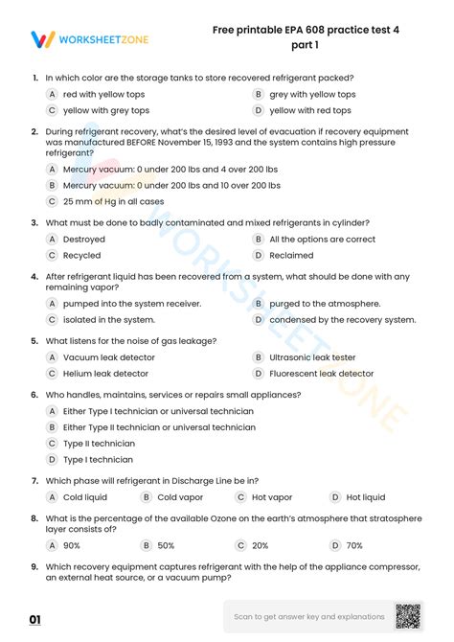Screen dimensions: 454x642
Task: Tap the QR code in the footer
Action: coord(408,616)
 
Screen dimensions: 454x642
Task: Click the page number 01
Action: coord(34,620)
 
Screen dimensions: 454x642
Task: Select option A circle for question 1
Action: coord(52,95)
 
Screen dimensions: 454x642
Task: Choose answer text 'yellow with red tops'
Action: coord(310,110)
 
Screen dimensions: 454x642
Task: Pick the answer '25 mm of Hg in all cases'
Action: coord(113,201)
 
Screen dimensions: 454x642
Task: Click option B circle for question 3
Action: coord(259,240)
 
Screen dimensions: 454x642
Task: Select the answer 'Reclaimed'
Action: coord(291,256)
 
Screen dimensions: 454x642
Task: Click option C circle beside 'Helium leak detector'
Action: coord(52,374)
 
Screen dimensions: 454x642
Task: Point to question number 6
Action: coord(34,395)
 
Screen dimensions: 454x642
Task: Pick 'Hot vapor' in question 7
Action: coord(272,497)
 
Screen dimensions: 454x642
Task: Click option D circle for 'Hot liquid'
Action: coord(335,497)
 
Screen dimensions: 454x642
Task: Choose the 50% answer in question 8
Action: coord(166,545)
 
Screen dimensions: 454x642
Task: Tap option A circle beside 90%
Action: coord(52,545)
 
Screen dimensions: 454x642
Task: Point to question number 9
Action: coord(34,565)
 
